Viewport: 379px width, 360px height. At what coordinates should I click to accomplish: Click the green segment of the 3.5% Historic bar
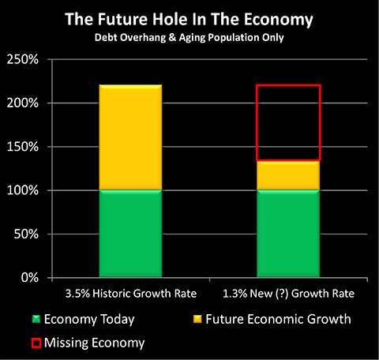coord(130,234)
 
